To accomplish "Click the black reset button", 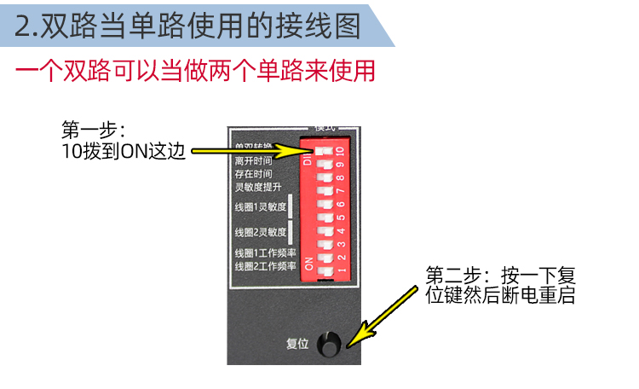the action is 329,345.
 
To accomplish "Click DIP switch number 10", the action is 324,151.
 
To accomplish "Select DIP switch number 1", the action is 324,270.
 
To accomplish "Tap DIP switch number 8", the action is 324,177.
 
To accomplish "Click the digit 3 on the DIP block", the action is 340,244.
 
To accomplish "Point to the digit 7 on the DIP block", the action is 340,191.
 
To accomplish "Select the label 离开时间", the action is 253,160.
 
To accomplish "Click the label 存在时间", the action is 253,173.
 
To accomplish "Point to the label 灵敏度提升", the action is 257,186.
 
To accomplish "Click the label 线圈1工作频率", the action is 265,253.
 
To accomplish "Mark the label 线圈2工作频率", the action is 265,267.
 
